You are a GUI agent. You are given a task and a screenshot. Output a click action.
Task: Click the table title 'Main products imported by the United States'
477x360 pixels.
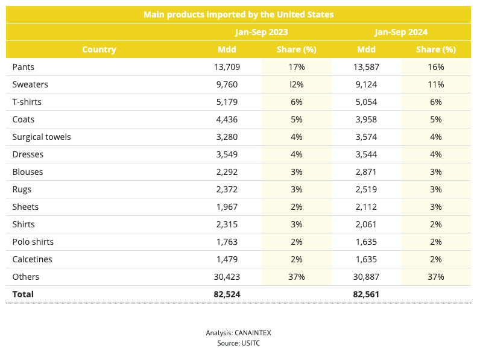239,14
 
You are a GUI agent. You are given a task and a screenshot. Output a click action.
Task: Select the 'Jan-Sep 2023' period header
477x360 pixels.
261,32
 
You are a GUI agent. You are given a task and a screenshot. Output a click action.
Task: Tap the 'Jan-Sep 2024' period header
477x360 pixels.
401,32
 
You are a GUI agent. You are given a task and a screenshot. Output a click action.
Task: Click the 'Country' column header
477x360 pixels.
99,49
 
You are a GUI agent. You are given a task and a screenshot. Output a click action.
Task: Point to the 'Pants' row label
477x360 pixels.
23,67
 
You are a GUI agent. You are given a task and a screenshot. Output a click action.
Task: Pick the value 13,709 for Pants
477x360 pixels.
227,67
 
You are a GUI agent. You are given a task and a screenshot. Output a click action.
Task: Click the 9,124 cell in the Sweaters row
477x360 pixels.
366,84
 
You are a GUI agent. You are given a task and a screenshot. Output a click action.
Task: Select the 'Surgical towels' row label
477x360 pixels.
42,137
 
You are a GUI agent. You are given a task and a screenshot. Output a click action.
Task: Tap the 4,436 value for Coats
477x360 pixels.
227,119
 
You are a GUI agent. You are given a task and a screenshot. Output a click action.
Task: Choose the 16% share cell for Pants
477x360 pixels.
436,67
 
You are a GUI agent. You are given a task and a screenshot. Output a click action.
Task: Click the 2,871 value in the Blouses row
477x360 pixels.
366,172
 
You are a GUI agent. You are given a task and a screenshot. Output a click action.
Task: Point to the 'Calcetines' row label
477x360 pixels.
32,259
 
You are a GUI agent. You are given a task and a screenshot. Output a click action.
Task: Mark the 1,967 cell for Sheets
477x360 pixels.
227,207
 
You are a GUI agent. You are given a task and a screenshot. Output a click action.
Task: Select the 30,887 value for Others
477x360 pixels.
366,277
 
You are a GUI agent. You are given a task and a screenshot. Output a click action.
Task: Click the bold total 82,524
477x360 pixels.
227,294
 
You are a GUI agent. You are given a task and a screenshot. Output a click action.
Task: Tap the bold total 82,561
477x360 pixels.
366,294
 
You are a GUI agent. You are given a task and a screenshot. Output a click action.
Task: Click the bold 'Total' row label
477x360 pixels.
23,294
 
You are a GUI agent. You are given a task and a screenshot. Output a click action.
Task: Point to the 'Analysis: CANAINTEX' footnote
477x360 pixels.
239,333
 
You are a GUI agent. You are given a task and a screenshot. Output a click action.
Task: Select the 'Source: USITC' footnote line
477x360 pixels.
239,343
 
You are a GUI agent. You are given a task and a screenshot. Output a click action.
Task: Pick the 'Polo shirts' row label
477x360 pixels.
33,242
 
